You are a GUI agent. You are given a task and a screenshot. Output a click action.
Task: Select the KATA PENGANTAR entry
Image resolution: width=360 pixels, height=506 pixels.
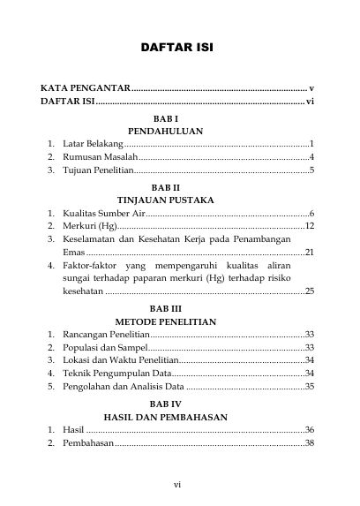click(x=86, y=89)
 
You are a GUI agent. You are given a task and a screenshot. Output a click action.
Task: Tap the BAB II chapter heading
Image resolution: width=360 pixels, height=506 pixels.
click(x=165, y=188)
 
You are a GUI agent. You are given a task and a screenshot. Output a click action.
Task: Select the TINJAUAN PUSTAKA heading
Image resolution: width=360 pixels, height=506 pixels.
click(x=165, y=200)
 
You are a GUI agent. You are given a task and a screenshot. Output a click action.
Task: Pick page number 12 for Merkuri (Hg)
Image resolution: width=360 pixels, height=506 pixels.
click(x=310, y=227)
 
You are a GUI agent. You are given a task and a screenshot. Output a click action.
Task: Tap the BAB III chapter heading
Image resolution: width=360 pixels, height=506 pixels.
click(x=165, y=308)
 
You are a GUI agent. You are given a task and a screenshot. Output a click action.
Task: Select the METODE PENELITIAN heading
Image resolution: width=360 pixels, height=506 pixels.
click(x=166, y=321)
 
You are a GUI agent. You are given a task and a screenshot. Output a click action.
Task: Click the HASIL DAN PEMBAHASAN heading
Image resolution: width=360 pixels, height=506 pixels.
click(x=166, y=418)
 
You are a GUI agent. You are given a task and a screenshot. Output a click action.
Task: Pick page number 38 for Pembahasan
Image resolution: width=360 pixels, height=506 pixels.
click(x=310, y=443)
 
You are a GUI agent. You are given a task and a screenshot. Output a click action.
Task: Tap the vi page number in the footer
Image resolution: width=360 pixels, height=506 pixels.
click(x=177, y=484)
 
